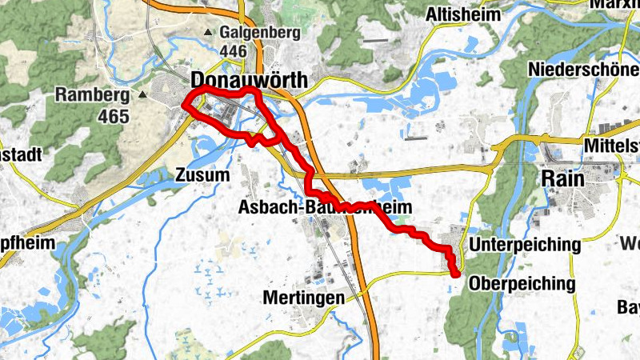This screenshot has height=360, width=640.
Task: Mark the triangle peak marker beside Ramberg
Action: (142, 95)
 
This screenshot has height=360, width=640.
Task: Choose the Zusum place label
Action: (202, 174)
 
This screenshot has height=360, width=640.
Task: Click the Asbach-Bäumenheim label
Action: (325, 208)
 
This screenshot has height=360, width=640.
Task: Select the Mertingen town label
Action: (303, 298)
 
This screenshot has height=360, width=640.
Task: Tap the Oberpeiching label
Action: (522, 283)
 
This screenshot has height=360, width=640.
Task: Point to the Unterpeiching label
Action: (525, 244)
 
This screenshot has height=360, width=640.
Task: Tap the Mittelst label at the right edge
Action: (611, 145)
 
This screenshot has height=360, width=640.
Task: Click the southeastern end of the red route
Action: (455, 274)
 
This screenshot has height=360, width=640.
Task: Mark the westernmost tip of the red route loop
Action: (185, 105)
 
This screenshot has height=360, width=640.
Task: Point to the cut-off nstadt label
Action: (21, 155)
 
